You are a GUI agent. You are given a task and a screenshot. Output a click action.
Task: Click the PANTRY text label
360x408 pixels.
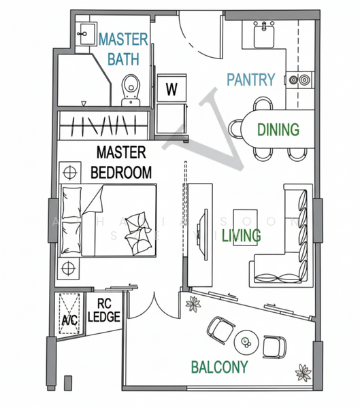(x=250, y=80)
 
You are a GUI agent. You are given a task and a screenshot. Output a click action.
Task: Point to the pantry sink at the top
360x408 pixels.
(x=263, y=33)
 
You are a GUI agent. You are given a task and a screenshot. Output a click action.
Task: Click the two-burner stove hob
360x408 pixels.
(x=299, y=80)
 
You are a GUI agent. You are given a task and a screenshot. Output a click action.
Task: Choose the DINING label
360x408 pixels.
(x=278, y=129)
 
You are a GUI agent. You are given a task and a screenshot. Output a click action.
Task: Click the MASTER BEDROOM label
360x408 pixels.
(x=123, y=163)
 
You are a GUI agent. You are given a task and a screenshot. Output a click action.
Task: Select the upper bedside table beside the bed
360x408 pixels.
(x=68, y=170)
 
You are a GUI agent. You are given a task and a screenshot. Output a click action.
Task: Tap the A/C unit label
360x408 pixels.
(x=68, y=320)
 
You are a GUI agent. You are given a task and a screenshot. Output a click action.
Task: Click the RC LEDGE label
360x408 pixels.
(x=104, y=310)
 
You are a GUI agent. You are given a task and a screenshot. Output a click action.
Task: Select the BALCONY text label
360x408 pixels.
(x=218, y=368)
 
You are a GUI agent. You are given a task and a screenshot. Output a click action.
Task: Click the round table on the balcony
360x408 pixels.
(x=244, y=341)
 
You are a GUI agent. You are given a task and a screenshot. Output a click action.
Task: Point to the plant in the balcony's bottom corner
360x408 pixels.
(x=303, y=373)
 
